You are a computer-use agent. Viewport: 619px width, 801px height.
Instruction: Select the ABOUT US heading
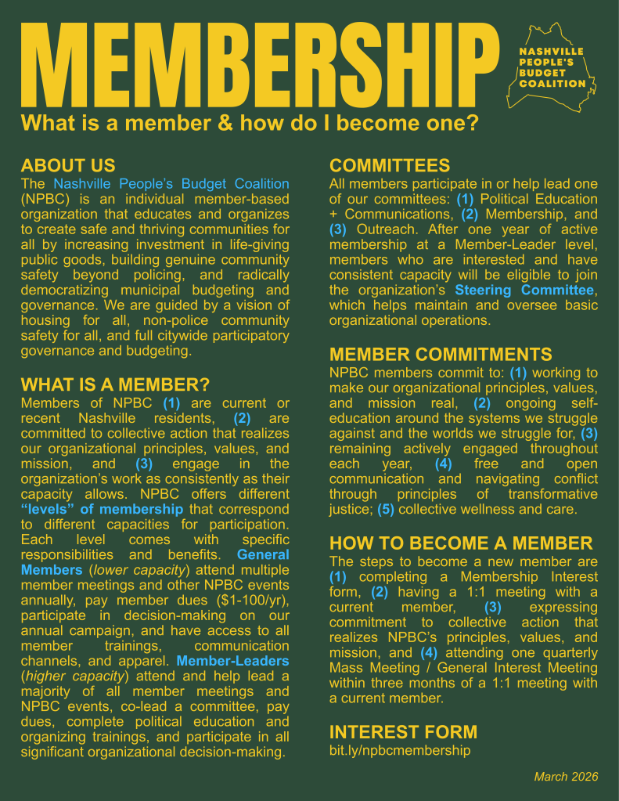click(68, 165)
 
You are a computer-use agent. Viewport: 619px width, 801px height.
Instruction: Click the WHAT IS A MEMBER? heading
click(115, 384)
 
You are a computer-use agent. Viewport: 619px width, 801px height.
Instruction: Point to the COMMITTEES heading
click(390, 165)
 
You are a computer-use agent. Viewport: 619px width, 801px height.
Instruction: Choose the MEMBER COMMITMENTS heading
click(441, 354)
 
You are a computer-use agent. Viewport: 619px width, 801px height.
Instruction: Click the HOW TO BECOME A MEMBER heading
click(461, 543)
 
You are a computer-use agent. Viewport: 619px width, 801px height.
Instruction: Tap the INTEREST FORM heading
click(403, 732)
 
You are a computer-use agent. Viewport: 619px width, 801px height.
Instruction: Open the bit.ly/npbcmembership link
click(400, 750)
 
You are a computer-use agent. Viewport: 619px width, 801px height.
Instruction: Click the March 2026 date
click(566, 777)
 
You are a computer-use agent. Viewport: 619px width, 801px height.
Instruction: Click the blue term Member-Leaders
click(233, 661)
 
